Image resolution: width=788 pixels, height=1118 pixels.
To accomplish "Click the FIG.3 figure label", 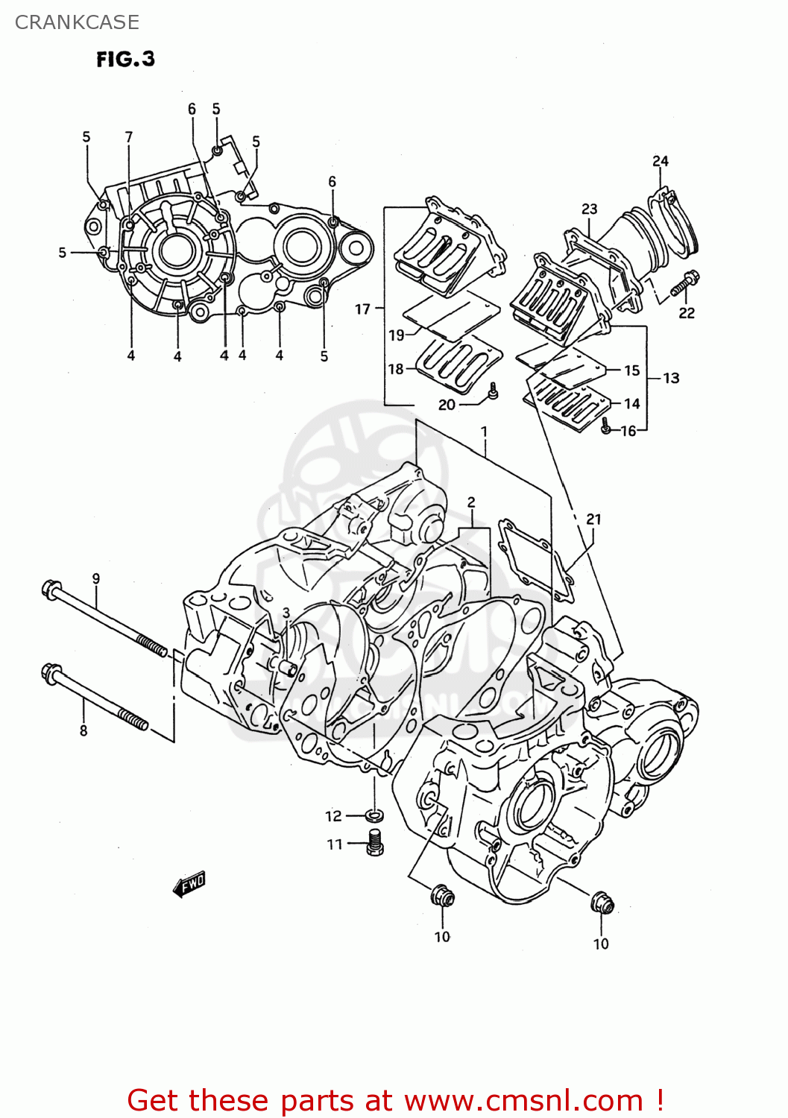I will [125, 59].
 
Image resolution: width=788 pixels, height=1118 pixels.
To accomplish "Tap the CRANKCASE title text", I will [77, 22].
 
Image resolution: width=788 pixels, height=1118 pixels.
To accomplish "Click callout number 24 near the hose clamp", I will [660, 161].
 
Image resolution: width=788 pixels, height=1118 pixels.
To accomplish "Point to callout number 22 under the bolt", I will [686, 313].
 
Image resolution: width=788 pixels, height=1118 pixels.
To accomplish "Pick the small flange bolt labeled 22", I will [685, 283].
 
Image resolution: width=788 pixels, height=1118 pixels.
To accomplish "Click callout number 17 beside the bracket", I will [362, 309].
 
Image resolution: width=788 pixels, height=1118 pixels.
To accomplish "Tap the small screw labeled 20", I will [492, 391].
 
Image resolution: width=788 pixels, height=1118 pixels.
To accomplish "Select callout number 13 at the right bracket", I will [671, 378].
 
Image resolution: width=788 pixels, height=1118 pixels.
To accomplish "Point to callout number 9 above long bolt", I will [95, 578].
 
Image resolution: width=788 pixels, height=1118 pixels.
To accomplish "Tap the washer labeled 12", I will [374, 813].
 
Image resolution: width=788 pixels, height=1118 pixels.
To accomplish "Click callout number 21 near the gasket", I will [593, 519].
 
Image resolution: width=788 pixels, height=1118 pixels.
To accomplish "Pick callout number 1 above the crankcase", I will [484, 432].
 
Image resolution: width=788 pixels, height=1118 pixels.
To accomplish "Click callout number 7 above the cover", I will [128, 137].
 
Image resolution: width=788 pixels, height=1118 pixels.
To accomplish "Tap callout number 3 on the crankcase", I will [286, 613].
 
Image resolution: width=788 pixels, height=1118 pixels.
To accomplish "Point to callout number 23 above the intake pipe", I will [589, 209].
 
